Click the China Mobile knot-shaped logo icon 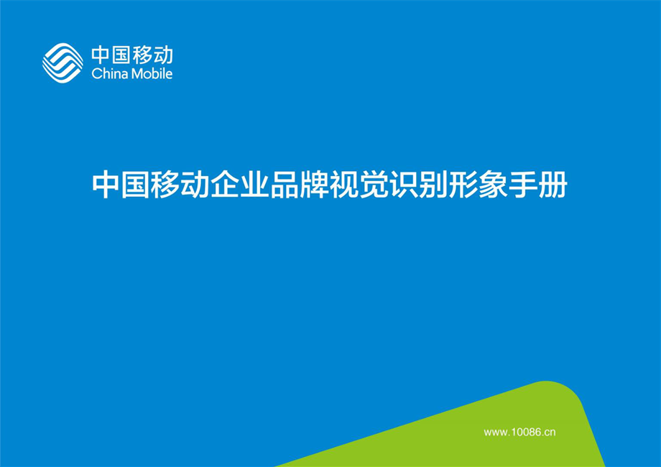(x=63, y=62)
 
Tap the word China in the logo (x=106, y=73)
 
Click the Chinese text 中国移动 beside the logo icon (x=131, y=55)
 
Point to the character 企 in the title (x=224, y=185)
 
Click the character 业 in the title (x=254, y=185)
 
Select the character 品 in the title (x=283, y=185)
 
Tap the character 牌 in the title (x=313, y=185)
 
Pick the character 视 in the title (x=343, y=185)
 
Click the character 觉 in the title (x=372, y=185)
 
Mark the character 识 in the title (x=402, y=185)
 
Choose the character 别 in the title (x=431, y=185)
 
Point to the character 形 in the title (x=461, y=185)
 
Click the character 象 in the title (x=491, y=185)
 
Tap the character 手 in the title (x=520, y=185)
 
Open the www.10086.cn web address (x=520, y=432)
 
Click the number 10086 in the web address (x=524, y=432)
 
